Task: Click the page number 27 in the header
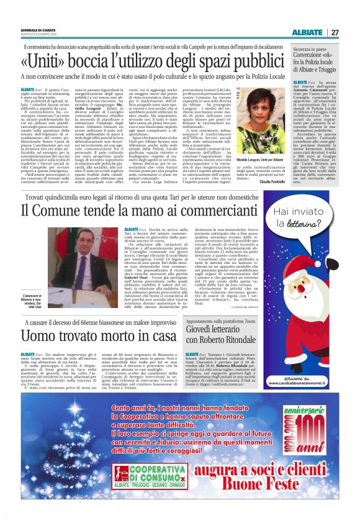(335, 32)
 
